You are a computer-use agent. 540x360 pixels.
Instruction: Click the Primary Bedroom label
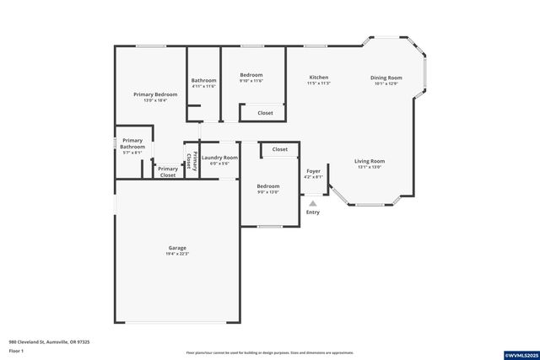(155, 94)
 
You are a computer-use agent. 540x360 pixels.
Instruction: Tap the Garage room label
(177, 248)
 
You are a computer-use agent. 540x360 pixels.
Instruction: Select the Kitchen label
(318, 78)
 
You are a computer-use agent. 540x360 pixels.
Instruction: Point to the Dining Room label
(386, 78)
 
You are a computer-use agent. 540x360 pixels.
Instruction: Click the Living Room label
(370, 161)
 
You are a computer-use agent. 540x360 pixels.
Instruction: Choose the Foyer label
(313, 171)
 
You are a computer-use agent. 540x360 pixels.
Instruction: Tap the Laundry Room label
(219, 158)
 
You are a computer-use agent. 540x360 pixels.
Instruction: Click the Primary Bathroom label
(133, 143)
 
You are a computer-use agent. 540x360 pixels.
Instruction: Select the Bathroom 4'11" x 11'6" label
(203, 80)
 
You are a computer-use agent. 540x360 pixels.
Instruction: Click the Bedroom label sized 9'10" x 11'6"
(251, 75)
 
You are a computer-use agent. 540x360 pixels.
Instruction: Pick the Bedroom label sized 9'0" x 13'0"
(267, 185)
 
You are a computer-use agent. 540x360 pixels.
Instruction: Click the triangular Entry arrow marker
(313, 202)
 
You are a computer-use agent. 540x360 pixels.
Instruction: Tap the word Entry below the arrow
(313, 212)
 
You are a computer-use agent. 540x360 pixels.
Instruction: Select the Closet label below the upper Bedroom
(265, 112)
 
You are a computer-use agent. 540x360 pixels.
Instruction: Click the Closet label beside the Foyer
(279, 149)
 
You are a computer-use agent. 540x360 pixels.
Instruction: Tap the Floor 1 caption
(16, 350)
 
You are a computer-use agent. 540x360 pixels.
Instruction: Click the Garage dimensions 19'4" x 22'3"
(177, 254)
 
